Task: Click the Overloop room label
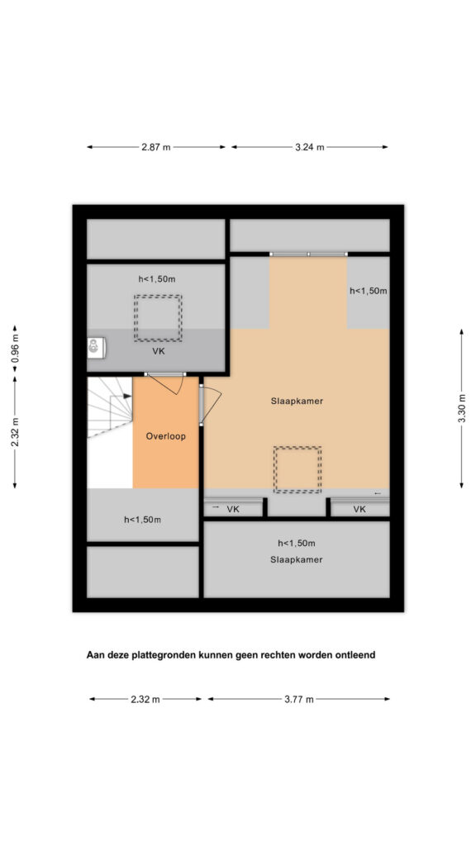165,436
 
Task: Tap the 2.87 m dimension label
156,147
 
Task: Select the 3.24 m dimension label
310,147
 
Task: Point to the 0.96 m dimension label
15,349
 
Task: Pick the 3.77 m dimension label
299,699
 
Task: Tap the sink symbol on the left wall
96,348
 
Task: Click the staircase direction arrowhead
127,396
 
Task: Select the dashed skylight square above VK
158,318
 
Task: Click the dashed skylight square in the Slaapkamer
297,469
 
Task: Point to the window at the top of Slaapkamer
309,254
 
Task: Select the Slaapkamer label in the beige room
297,401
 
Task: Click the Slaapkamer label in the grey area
297,559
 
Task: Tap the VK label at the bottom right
359,509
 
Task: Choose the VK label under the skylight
159,351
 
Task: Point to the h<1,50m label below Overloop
142,520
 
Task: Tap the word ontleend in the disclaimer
355,655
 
